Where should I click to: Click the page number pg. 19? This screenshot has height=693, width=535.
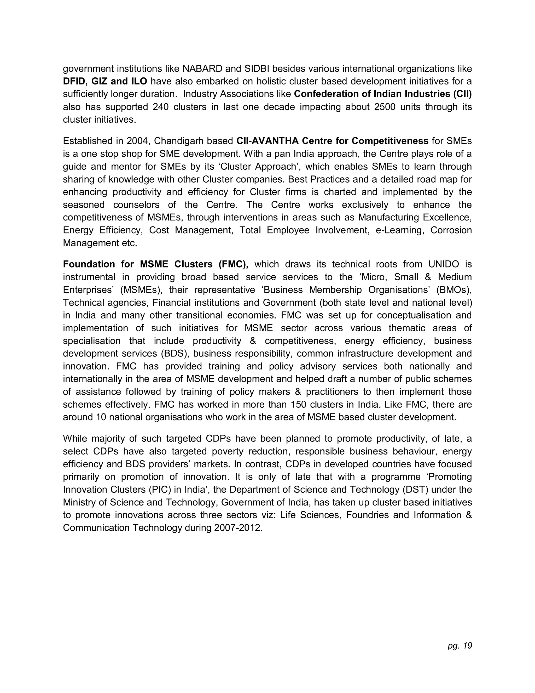click(x=460, y=646)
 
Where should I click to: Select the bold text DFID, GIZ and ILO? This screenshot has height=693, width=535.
click(x=105, y=82)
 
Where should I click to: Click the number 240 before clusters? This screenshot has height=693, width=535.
click(x=161, y=107)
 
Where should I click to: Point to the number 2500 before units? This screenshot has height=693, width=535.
click(x=385, y=107)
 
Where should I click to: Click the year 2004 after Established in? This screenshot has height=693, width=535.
click(x=137, y=141)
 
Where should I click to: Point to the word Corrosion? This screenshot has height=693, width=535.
click(x=451, y=230)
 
